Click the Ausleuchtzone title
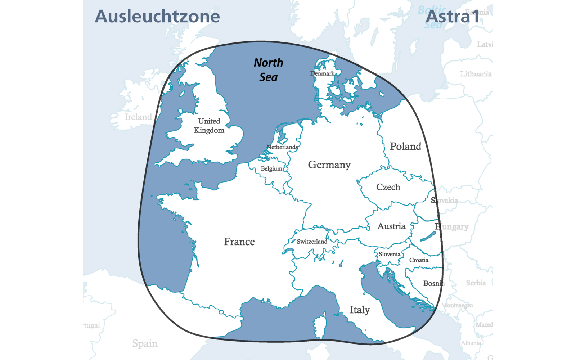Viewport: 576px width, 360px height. point(157,17)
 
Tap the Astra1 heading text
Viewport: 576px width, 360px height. point(453,17)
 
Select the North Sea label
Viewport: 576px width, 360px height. point(269,70)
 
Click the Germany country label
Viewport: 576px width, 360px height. point(329,165)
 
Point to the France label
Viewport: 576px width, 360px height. point(239,242)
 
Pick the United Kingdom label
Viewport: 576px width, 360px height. point(209,126)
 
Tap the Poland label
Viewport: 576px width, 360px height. point(405,147)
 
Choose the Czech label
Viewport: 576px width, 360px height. point(388,187)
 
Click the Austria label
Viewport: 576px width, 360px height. point(391,226)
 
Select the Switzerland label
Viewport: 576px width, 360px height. point(312,242)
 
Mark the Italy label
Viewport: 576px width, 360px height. point(360,310)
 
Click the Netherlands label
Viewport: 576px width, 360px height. point(282,147)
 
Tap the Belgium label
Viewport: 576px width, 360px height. point(271,168)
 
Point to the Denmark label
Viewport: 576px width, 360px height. point(322,73)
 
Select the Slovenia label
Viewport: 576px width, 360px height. point(390,254)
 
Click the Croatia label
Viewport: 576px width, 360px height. point(419,260)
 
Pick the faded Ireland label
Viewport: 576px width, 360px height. point(138,117)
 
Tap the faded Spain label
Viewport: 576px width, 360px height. point(145,343)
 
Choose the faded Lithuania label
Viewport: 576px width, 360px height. point(476,74)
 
